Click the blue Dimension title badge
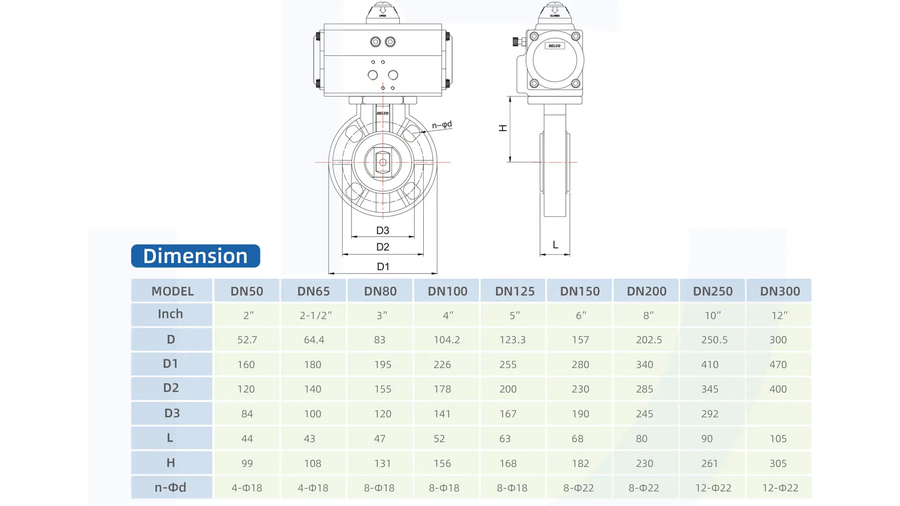[x=195, y=256]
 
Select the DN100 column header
[x=447, y=291]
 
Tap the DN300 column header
[x=780, y=291]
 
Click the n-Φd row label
[x=171, y=487]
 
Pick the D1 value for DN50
[x=246, y=365]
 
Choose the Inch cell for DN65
[x=315, y=315]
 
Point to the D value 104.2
[x=447, y=340]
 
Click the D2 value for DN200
[x=645, y=389]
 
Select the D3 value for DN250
[x=710, y=414]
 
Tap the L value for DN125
[x=505, y=439]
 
